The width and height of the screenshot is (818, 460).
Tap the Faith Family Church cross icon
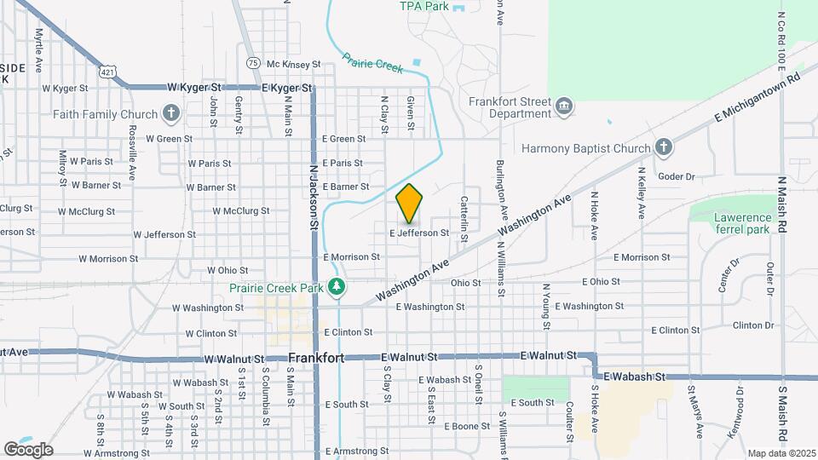pos(171,113)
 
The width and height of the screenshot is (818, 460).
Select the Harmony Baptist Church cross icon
pos(664,148)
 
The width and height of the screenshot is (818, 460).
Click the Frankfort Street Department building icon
pos(563,106)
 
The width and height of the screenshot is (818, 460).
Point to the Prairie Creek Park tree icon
pos(338,287)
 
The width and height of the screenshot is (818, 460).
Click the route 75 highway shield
pos(252,63)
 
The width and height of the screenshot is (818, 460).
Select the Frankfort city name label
pos(316,358)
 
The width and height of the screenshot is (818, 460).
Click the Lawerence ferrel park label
pos(741,223)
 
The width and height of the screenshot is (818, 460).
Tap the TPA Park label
pos(423,6)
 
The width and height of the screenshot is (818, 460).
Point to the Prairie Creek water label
pos(372,65)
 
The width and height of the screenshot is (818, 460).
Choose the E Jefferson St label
pos(418,233)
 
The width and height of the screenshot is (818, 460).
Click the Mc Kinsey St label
pos(292,64)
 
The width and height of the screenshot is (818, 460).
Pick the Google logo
pos(27,449)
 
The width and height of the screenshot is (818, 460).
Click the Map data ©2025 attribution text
pos(781,453)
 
